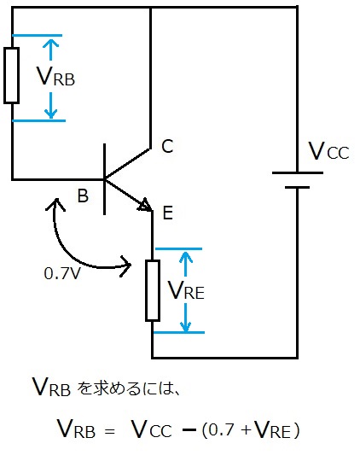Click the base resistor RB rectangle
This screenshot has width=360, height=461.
11,76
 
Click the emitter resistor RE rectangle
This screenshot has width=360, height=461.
153,290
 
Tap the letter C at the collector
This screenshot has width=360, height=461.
167,146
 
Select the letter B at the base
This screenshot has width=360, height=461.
83,195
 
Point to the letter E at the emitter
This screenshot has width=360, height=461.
167,213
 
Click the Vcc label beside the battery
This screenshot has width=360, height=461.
328,151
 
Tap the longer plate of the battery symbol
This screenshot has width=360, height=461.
298,172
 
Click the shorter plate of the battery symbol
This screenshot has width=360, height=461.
297,187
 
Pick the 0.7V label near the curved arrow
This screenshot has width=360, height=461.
62,273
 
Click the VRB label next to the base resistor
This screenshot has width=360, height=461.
55,77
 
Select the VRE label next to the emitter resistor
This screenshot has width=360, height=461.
186,290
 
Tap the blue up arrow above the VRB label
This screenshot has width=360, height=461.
51,50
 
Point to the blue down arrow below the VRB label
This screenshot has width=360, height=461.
51,105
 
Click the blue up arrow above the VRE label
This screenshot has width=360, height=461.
185,264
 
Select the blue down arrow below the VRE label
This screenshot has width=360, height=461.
185,318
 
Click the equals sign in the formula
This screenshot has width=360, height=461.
109,432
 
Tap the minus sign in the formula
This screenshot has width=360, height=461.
189,430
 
